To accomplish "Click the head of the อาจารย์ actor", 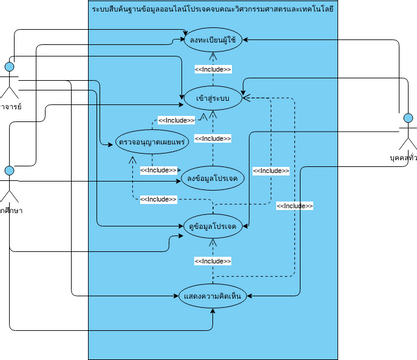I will click(x=10, y=68).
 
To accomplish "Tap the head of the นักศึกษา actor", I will click(x=10, y=171).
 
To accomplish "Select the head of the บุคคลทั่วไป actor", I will click(x=408, y=119).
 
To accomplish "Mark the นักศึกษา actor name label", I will click(x=11, y=209).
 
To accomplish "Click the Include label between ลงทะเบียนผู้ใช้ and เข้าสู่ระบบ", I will click(x=212, y=69).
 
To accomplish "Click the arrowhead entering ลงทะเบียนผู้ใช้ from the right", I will click(x=245, y=41).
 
